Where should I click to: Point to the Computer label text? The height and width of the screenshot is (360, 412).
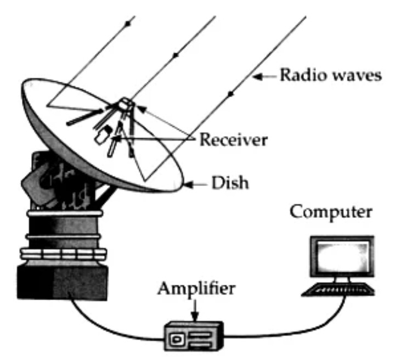click(x=330, y=213)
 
